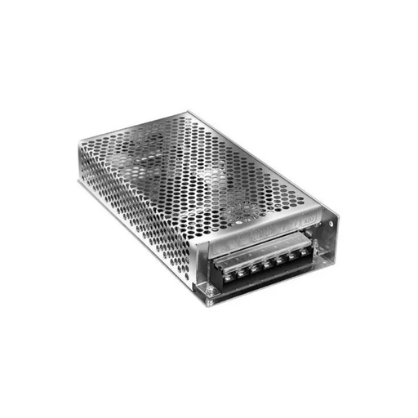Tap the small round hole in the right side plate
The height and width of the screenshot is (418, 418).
point(331,223)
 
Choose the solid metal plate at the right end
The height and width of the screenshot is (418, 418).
point(327,245)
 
